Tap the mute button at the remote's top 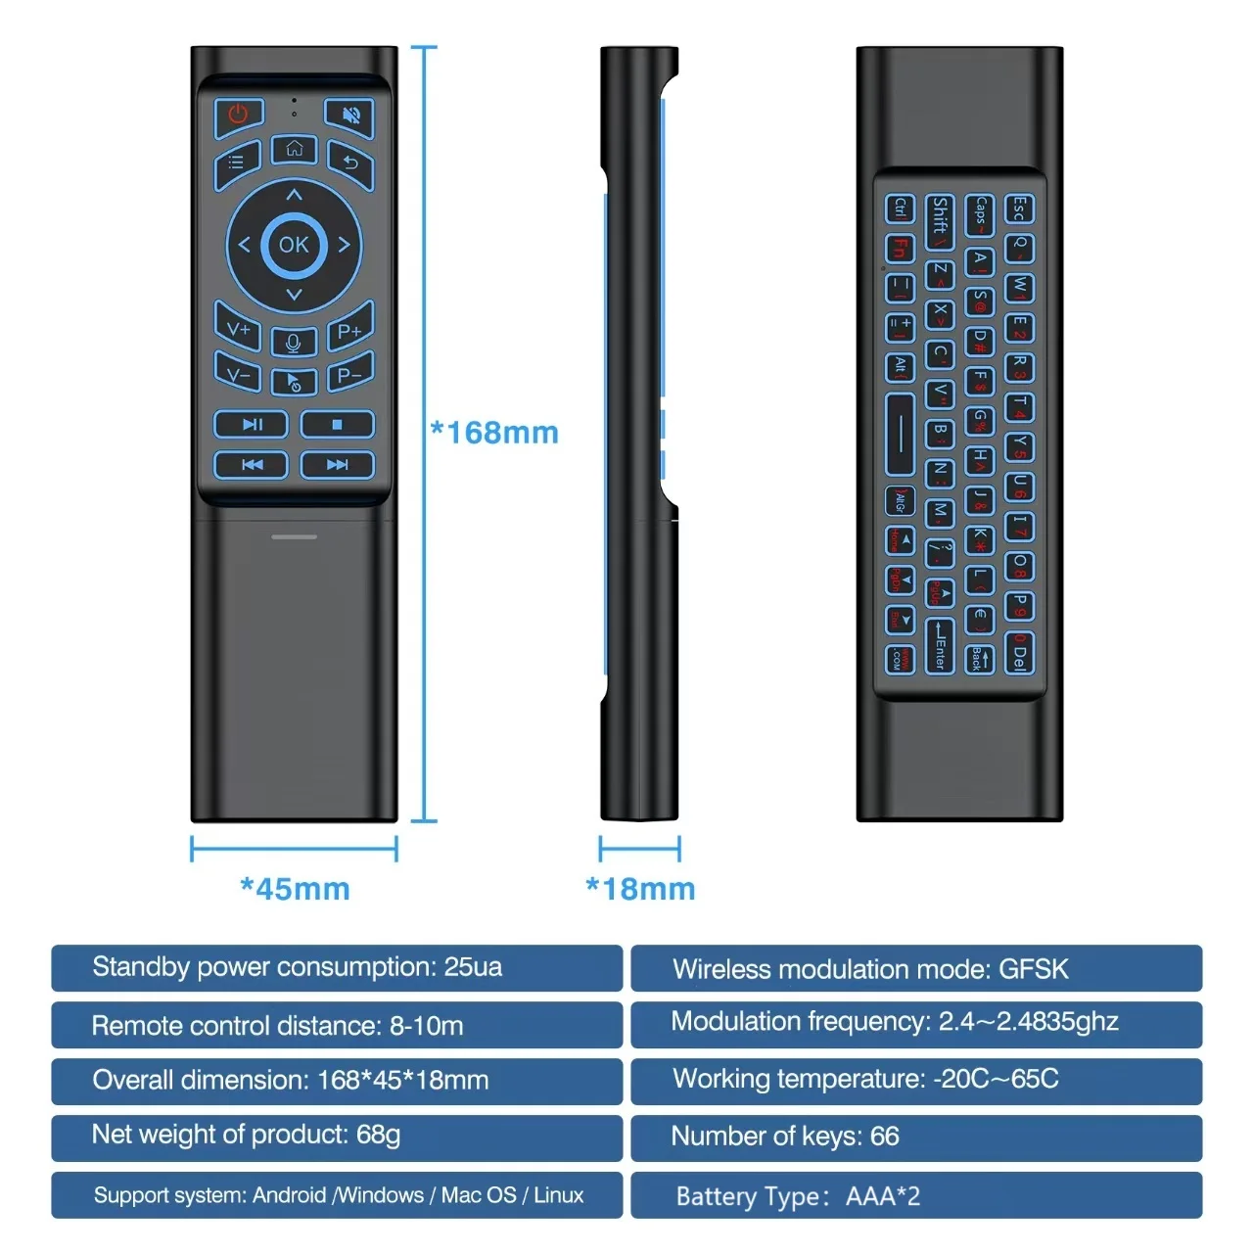tap(349, 116)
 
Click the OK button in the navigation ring tap(294, 245)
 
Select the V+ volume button tap(238, 331)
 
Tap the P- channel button tap(349, 375)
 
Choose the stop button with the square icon tap(337, 424)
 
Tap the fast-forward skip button tap(337, 464)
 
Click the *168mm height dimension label tap(495, 432)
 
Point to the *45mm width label tap(295, 889)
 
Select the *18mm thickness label tap(640, 889)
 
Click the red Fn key tap(900, 248)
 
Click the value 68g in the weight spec tap(378, 1135)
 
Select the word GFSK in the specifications tap(1034, 969)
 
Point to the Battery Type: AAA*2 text tap(798, 1196)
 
